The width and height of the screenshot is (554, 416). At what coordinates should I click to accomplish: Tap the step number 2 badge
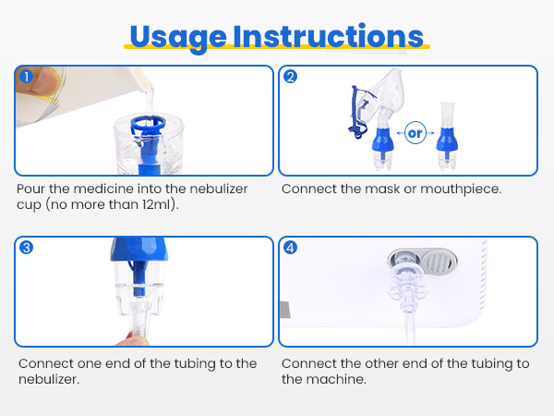click(x=290, y=77)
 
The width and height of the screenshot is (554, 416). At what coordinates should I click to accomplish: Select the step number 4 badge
click(x=290, y=248)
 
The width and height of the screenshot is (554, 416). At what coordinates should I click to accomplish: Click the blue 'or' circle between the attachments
click(x=415, y=133)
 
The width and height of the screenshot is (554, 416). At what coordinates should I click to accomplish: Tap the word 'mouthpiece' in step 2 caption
click(x=458, y=189)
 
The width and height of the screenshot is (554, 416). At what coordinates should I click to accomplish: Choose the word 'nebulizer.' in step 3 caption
click(x=48, y=379)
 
